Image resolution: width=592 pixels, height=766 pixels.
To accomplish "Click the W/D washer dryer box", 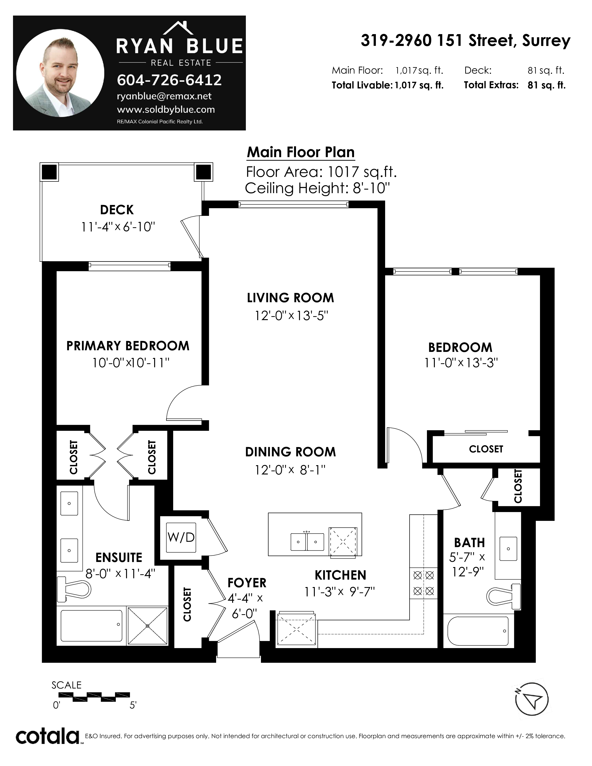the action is coord(181,537).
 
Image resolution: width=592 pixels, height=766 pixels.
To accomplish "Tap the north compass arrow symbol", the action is coord(531,700).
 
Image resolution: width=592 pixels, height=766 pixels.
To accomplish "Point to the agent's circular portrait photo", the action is coord(60,73).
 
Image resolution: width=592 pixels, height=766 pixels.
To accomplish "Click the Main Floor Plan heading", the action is coord(301,152).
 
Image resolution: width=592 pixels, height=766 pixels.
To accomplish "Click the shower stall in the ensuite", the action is coord(147,626).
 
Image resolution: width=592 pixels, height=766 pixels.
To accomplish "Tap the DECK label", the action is coord(117,210).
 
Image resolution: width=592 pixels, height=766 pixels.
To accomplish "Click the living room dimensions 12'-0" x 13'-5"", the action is coord(291,316).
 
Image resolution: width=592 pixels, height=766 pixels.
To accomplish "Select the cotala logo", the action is coord(48,737).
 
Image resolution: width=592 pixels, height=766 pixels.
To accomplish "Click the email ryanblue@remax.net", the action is coord(164,96).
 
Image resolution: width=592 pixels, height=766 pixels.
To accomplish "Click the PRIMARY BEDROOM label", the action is coord(128,346).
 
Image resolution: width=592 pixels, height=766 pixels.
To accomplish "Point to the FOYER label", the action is coord(247,583).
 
